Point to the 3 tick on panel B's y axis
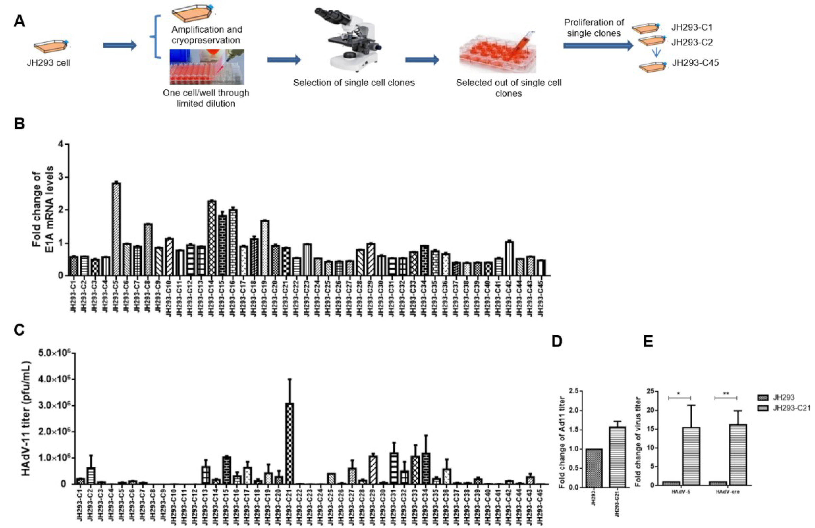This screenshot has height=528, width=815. (61, 177)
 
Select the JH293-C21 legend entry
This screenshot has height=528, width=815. (791, 408)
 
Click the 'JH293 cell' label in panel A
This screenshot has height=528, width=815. (49, 63)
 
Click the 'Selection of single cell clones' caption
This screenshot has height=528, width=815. (354, 83)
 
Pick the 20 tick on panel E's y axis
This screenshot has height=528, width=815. (641, 411)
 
